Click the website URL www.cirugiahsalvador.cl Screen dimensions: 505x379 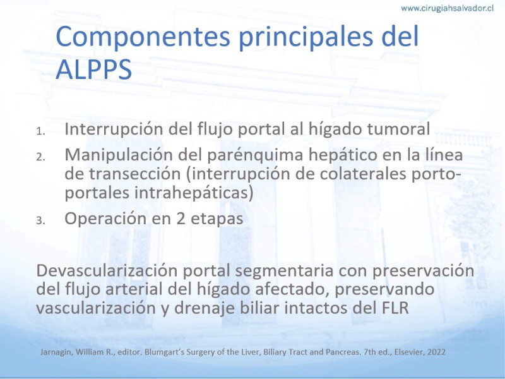tap(447, 8)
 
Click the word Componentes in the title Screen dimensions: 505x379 tap(143, 36)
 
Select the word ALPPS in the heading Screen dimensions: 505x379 tap(93, 69)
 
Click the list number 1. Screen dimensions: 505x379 tap(40, 131)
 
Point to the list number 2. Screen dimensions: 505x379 tap(40, 157)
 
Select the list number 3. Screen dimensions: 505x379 tap(40, 220)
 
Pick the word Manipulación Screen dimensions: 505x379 tap(119, 155)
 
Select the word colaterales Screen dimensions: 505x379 tap(362, 174)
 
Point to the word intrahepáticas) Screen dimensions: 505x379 tap(194, 193)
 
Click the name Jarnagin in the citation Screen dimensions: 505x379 tap(57, 352)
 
